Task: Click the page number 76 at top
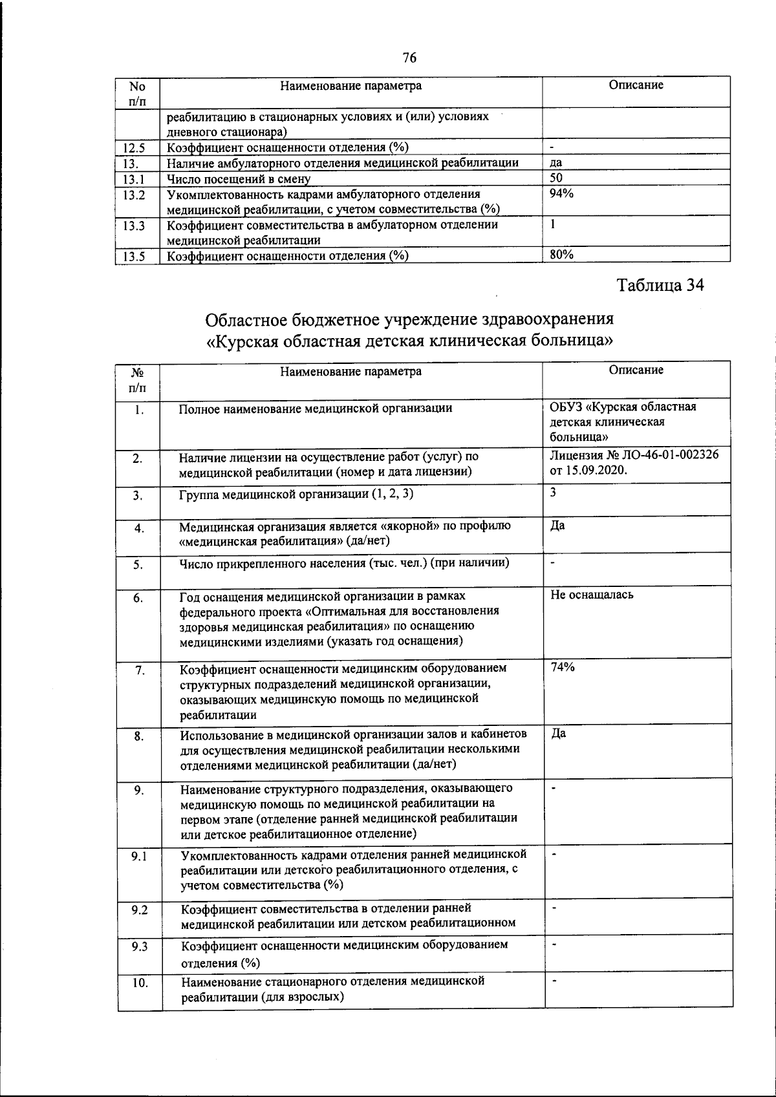click(x=409, y=58)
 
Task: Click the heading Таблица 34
click(x=660, y=285)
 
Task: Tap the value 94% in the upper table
click(x=561, y=193)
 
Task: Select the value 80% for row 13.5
click(x=561, y=255)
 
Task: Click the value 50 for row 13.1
click(x=556, y=178)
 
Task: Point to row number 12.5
click(x=133, y=147)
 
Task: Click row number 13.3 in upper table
click(x=133, y=226)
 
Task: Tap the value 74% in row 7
click(x=562, y=668)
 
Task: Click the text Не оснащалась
click(x=592, y=595)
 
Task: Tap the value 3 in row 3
click(x=553, y=492)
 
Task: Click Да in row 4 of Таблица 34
click(x=557, y=526)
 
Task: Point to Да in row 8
click(x=558, y=734)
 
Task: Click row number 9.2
click(x=138, y=910)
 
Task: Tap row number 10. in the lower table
click(x=139, y=984)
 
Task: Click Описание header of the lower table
click(x=636, y=370)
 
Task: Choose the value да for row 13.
click(x=555, y=163)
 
